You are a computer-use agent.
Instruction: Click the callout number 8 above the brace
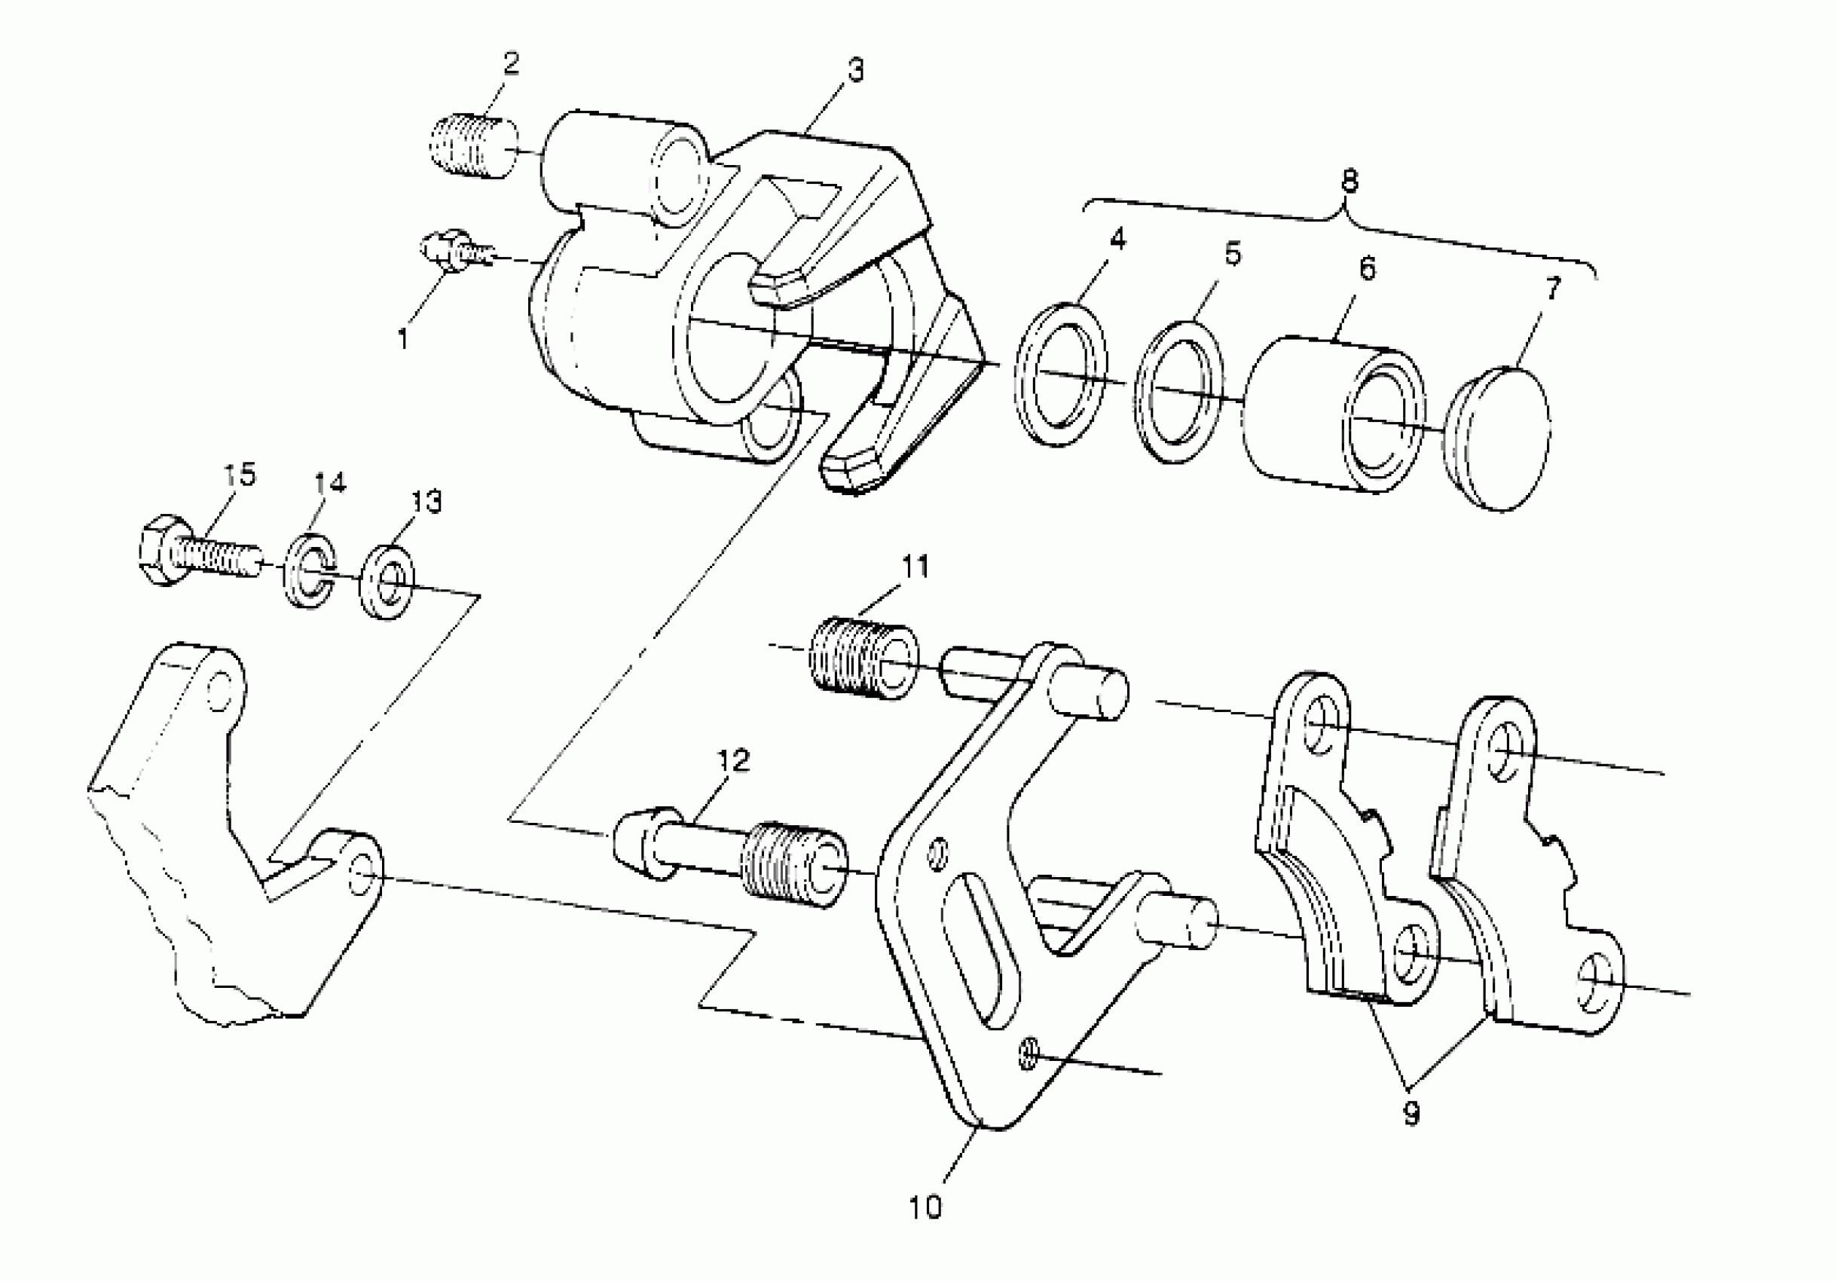1349,182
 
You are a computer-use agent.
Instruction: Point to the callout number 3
855,70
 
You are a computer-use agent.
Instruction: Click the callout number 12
733,760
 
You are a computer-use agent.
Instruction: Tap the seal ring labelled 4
1061,375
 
